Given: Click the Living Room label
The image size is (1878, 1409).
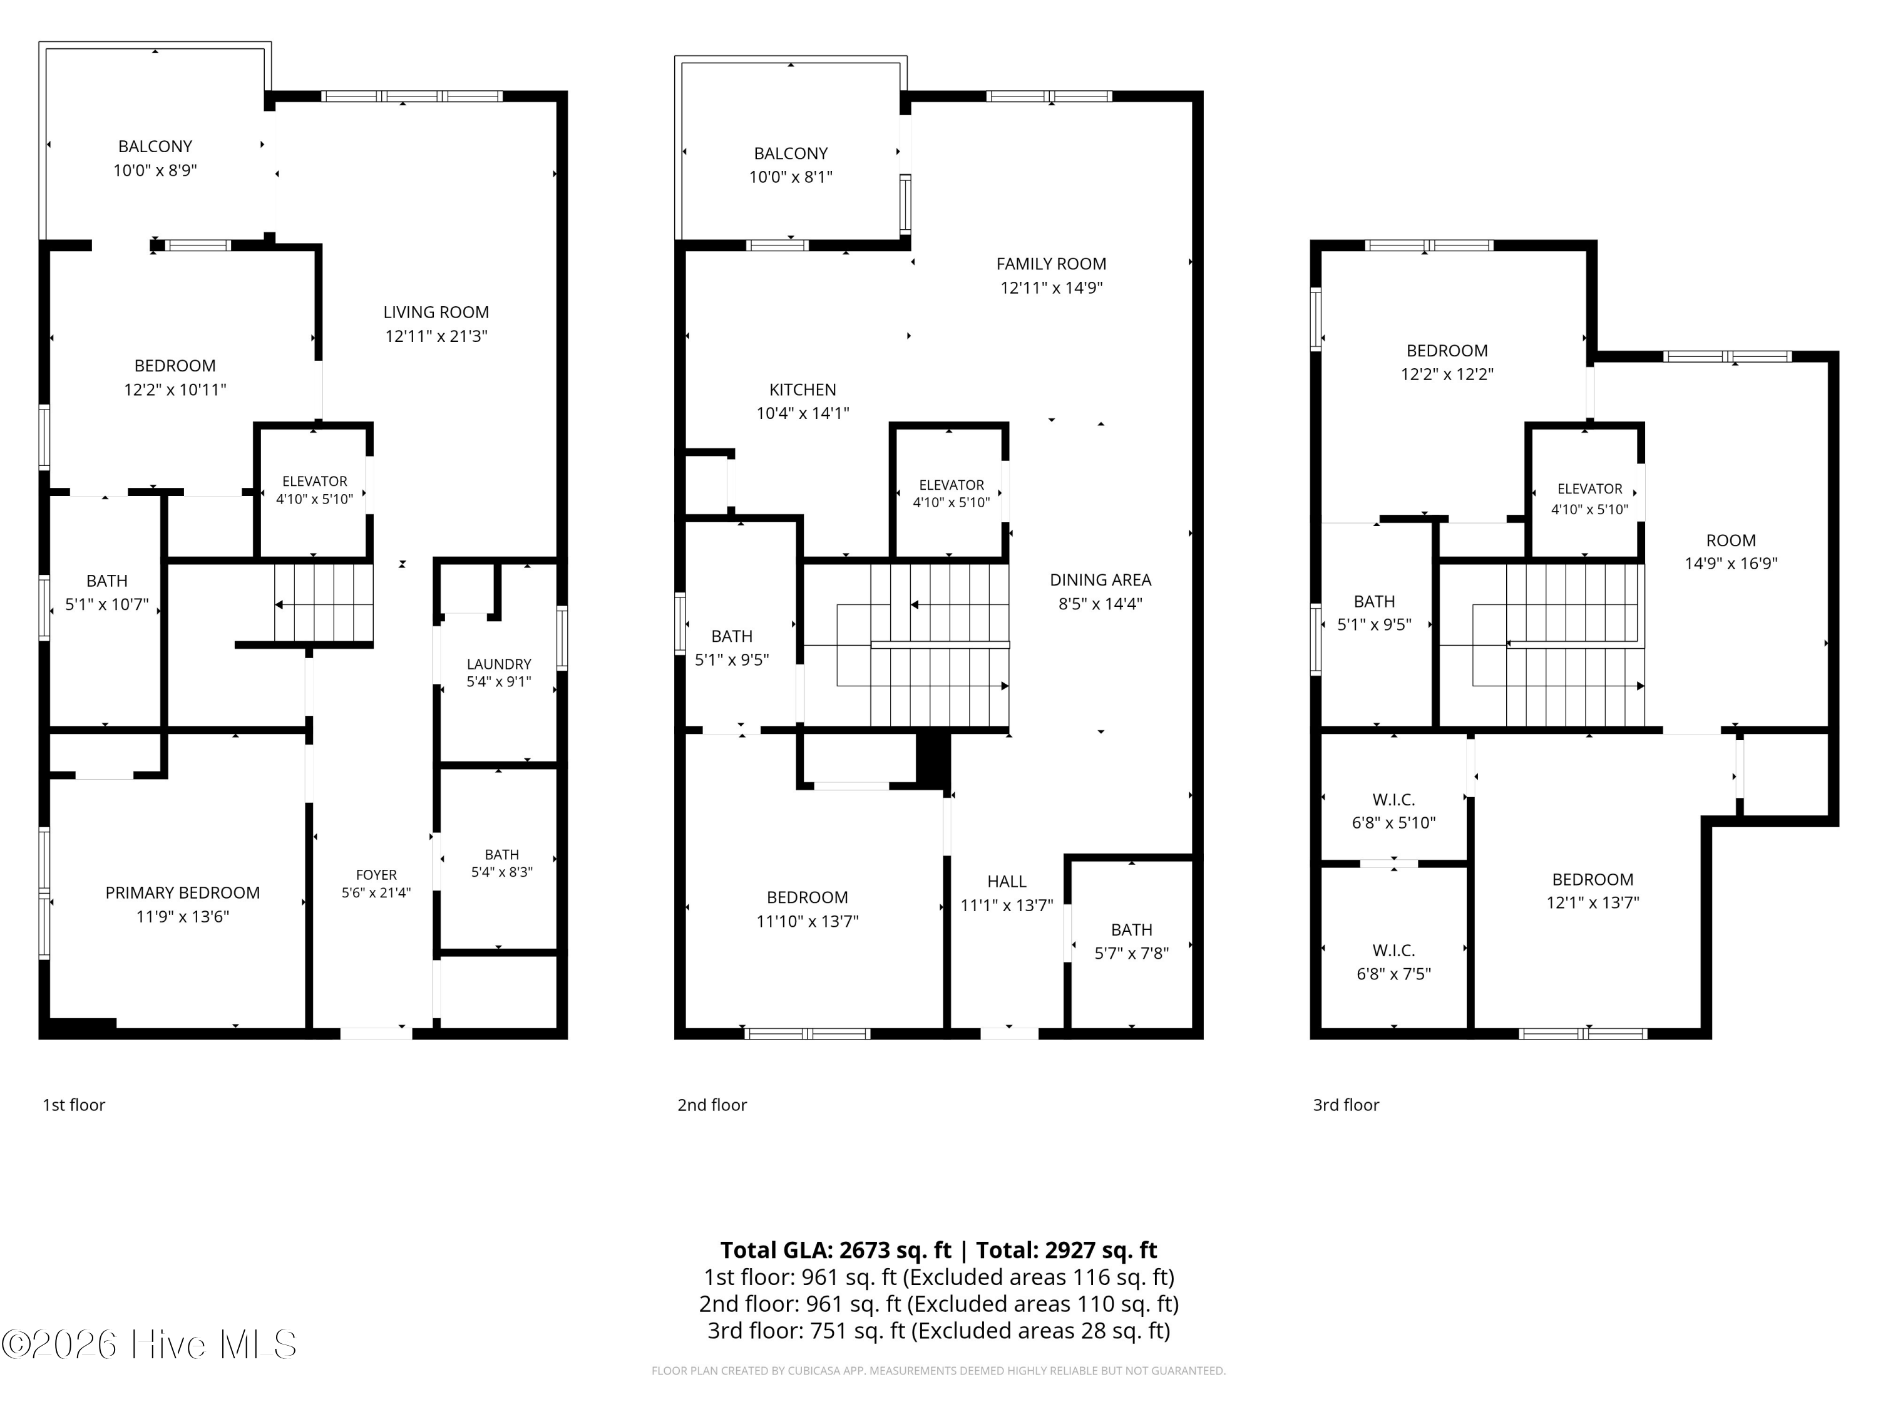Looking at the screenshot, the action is click(x=436, y=312).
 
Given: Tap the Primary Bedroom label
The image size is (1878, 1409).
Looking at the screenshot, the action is click(x=183, y=892).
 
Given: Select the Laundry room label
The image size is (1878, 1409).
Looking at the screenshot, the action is click(x=499, y=664).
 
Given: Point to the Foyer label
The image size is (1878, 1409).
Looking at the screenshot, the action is click(x=376, y=875).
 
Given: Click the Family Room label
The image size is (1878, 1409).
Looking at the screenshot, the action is click(x=1051, y=264).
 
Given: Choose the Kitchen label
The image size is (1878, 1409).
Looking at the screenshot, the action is click(x=803, y=390).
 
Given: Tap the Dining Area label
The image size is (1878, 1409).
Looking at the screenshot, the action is click(x=1101, y=580).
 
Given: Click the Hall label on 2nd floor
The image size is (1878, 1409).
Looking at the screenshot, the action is click(x=1007, y=882).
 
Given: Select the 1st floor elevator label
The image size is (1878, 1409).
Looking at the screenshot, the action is click(x=315, y=482).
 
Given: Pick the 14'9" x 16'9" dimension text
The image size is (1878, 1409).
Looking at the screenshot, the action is click(x=1731, y=563).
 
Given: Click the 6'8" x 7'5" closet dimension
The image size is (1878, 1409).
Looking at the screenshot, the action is click(x=1393, y=974).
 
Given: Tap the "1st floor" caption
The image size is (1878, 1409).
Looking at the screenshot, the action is click(x=74, y=1105).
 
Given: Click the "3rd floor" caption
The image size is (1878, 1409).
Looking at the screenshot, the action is click(x=1346, y=1105).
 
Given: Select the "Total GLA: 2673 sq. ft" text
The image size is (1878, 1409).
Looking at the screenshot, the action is click(x=836, y=1250).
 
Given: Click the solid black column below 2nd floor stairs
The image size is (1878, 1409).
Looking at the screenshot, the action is click(x=932, y=758).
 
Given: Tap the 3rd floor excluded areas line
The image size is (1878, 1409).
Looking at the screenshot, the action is click(x=939, y=1331).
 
